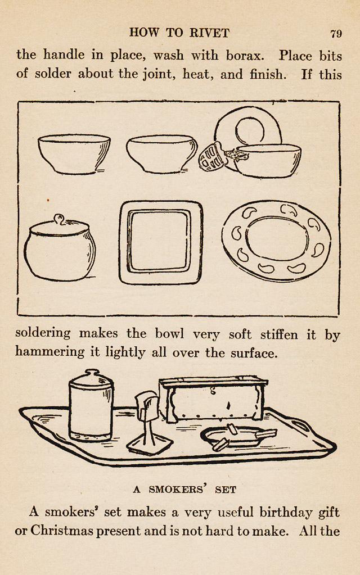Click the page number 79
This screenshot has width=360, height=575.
click(x=336, y=34)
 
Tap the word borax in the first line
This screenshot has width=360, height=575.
click(x=245, y=56)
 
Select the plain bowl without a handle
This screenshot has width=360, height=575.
click(x=74, y=154)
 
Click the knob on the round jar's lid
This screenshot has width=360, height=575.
click(x=59, y=219)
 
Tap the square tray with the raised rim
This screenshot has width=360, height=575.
click(x=161, y=242)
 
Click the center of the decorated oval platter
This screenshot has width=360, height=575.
click(x=276, y=241)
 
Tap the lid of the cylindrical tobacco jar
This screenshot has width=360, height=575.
click(x=90, y=379)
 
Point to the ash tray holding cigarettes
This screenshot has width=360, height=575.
click(x=238, y=437)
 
